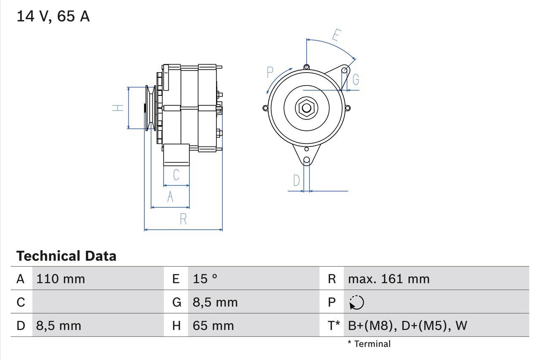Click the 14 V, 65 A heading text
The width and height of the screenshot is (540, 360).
53,16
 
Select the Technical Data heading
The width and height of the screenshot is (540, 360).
66,256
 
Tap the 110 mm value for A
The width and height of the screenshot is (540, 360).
61,279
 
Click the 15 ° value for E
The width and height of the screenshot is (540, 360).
205,279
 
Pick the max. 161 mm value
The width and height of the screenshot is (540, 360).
389,279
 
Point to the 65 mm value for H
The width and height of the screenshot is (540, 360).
213,325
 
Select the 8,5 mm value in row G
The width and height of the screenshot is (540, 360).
215,302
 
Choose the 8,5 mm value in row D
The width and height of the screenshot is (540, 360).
59,325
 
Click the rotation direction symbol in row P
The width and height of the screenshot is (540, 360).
356,303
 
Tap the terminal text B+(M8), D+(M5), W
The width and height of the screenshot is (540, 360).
408,325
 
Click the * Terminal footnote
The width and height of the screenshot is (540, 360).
369,344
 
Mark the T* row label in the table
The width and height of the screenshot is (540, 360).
334,325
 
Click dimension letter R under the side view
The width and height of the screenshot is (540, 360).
183,219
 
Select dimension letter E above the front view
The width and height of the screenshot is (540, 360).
336,35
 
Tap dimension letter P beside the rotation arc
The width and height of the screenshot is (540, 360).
270,73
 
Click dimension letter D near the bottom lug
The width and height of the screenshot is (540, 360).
297,181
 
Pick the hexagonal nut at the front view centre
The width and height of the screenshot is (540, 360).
307,108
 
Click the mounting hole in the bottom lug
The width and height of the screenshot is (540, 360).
307,160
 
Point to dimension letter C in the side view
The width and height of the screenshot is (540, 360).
176,175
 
